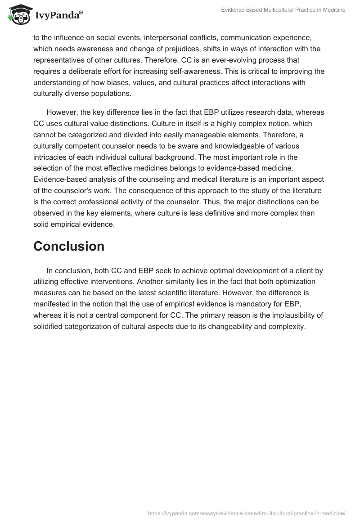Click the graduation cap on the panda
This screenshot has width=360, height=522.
click(x=18, y=9)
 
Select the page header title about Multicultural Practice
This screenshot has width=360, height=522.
click(x=283, y=10)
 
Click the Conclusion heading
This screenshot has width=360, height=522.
click(x=69, y=246)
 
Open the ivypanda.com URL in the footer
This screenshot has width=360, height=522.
click(x=247, y=513)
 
